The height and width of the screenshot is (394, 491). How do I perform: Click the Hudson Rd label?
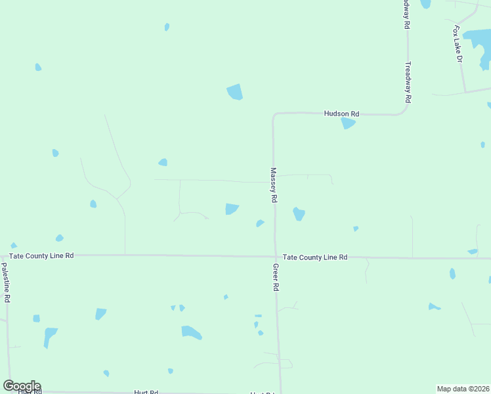(341, 114)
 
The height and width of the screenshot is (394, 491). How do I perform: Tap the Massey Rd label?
(274, 185)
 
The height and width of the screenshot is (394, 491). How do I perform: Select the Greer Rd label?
(276, 277)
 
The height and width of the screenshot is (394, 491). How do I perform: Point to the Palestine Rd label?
(5, 282)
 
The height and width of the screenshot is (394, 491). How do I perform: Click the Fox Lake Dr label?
(458, 44)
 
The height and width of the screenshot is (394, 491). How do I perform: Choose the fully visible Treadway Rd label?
(408, 82)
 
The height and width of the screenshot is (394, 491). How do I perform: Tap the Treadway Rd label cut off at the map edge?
(406, 13)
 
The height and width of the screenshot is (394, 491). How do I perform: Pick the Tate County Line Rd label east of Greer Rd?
(314, 257)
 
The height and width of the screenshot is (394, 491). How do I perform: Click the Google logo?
(22, 386)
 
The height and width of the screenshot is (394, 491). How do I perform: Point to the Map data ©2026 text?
(463, 389)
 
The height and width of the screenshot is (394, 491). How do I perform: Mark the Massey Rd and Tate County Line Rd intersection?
(275, 257)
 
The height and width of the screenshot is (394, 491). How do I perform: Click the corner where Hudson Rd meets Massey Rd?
(274, 115)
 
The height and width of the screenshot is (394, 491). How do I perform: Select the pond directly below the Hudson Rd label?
(348, 123)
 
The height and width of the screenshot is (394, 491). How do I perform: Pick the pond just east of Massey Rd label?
(299, 214)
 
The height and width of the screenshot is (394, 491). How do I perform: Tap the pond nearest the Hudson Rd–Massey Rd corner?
(234, 92)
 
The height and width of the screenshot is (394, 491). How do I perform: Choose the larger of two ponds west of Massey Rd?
(231, 209)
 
